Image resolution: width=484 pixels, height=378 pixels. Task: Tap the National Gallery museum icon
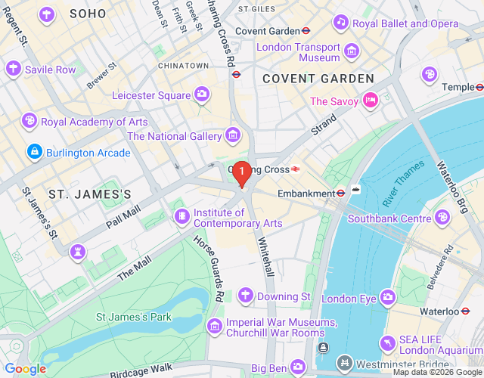234,136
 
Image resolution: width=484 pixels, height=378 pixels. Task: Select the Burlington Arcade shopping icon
34,153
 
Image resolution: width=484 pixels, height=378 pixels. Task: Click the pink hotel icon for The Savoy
370,101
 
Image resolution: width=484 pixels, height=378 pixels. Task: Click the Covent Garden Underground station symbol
306,31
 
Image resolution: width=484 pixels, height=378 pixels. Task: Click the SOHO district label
88,14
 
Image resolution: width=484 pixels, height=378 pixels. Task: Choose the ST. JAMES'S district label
90,194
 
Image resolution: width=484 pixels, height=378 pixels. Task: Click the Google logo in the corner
25,369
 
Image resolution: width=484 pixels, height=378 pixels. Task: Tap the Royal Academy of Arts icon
29,121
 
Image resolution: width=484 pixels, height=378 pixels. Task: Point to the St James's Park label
133,317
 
